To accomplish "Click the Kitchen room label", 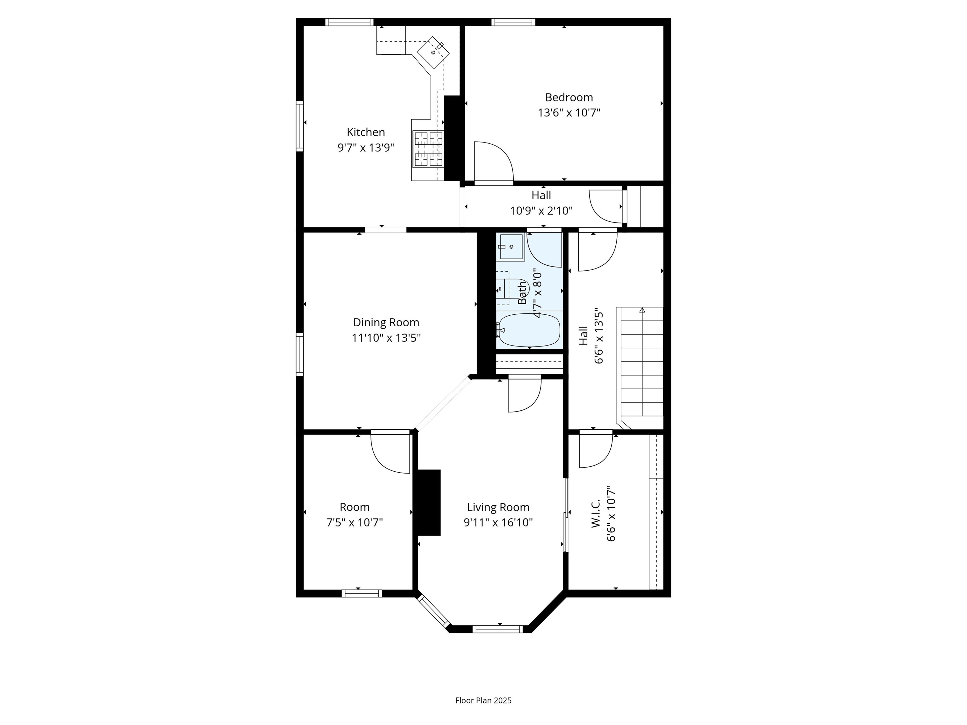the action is [365, 132].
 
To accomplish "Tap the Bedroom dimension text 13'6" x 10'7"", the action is [569, 113].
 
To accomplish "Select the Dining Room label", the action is [386, 323].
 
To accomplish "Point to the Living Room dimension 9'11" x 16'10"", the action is [498, 522].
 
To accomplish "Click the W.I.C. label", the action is [596, 514].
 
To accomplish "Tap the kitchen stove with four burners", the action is [428, 149].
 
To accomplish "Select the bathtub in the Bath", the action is [529, 330].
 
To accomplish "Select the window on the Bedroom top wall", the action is [513, 22].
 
